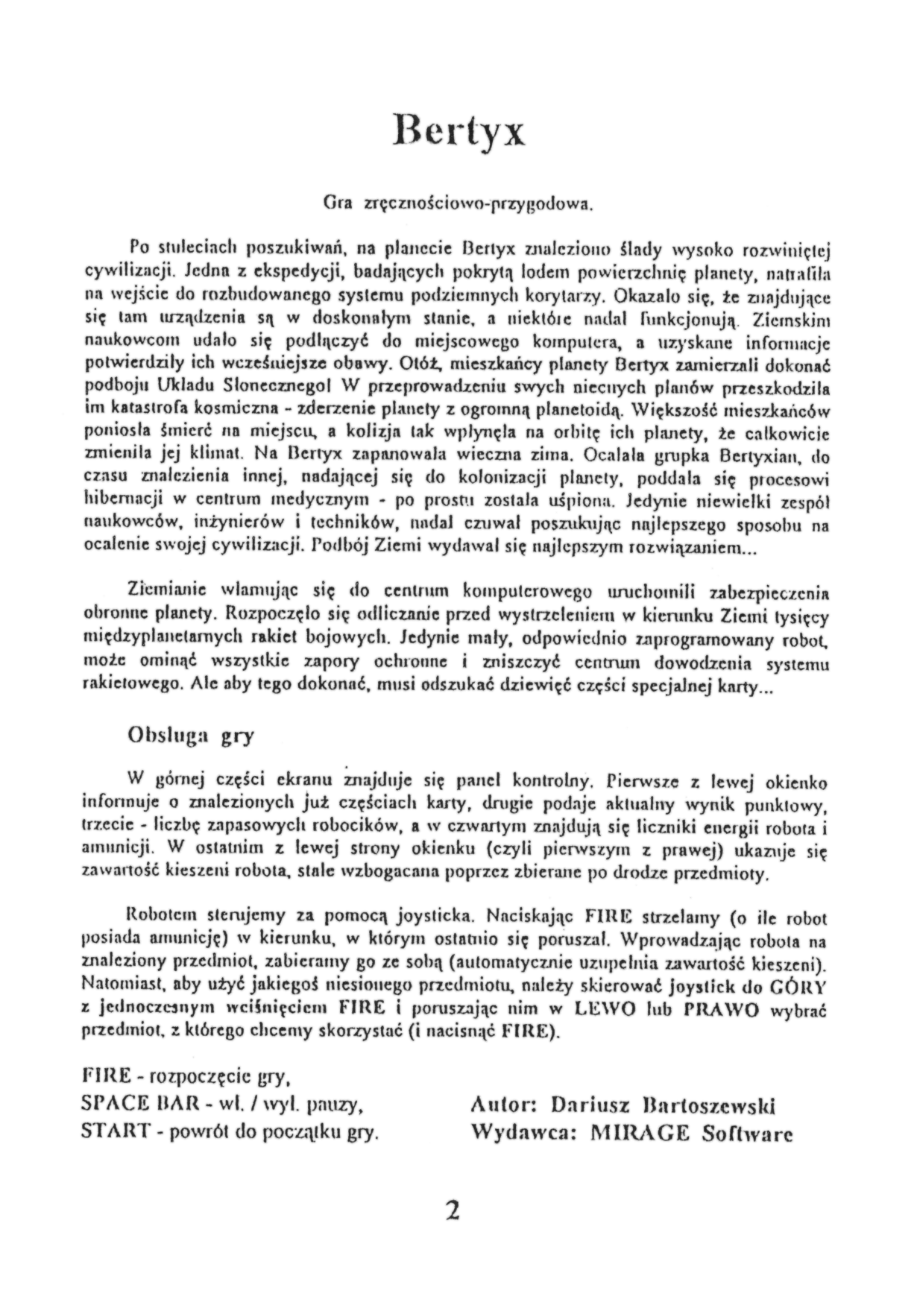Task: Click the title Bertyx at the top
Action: point(459,131)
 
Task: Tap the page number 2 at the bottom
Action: point(452,1210)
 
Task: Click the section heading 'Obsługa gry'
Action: point(192,736)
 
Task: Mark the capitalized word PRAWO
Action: point(721,1010)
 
